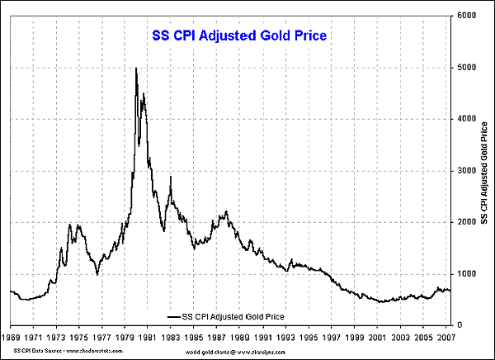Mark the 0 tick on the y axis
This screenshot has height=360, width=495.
[x=459, y=325]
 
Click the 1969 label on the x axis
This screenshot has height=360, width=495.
[x=12, y=337]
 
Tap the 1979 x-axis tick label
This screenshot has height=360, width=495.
[x=125, y=337]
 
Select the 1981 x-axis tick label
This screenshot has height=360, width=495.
[x=148, y=337]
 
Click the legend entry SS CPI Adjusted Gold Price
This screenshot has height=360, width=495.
[x=233, y=315]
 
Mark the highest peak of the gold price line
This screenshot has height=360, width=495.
[x=136, y=68]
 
